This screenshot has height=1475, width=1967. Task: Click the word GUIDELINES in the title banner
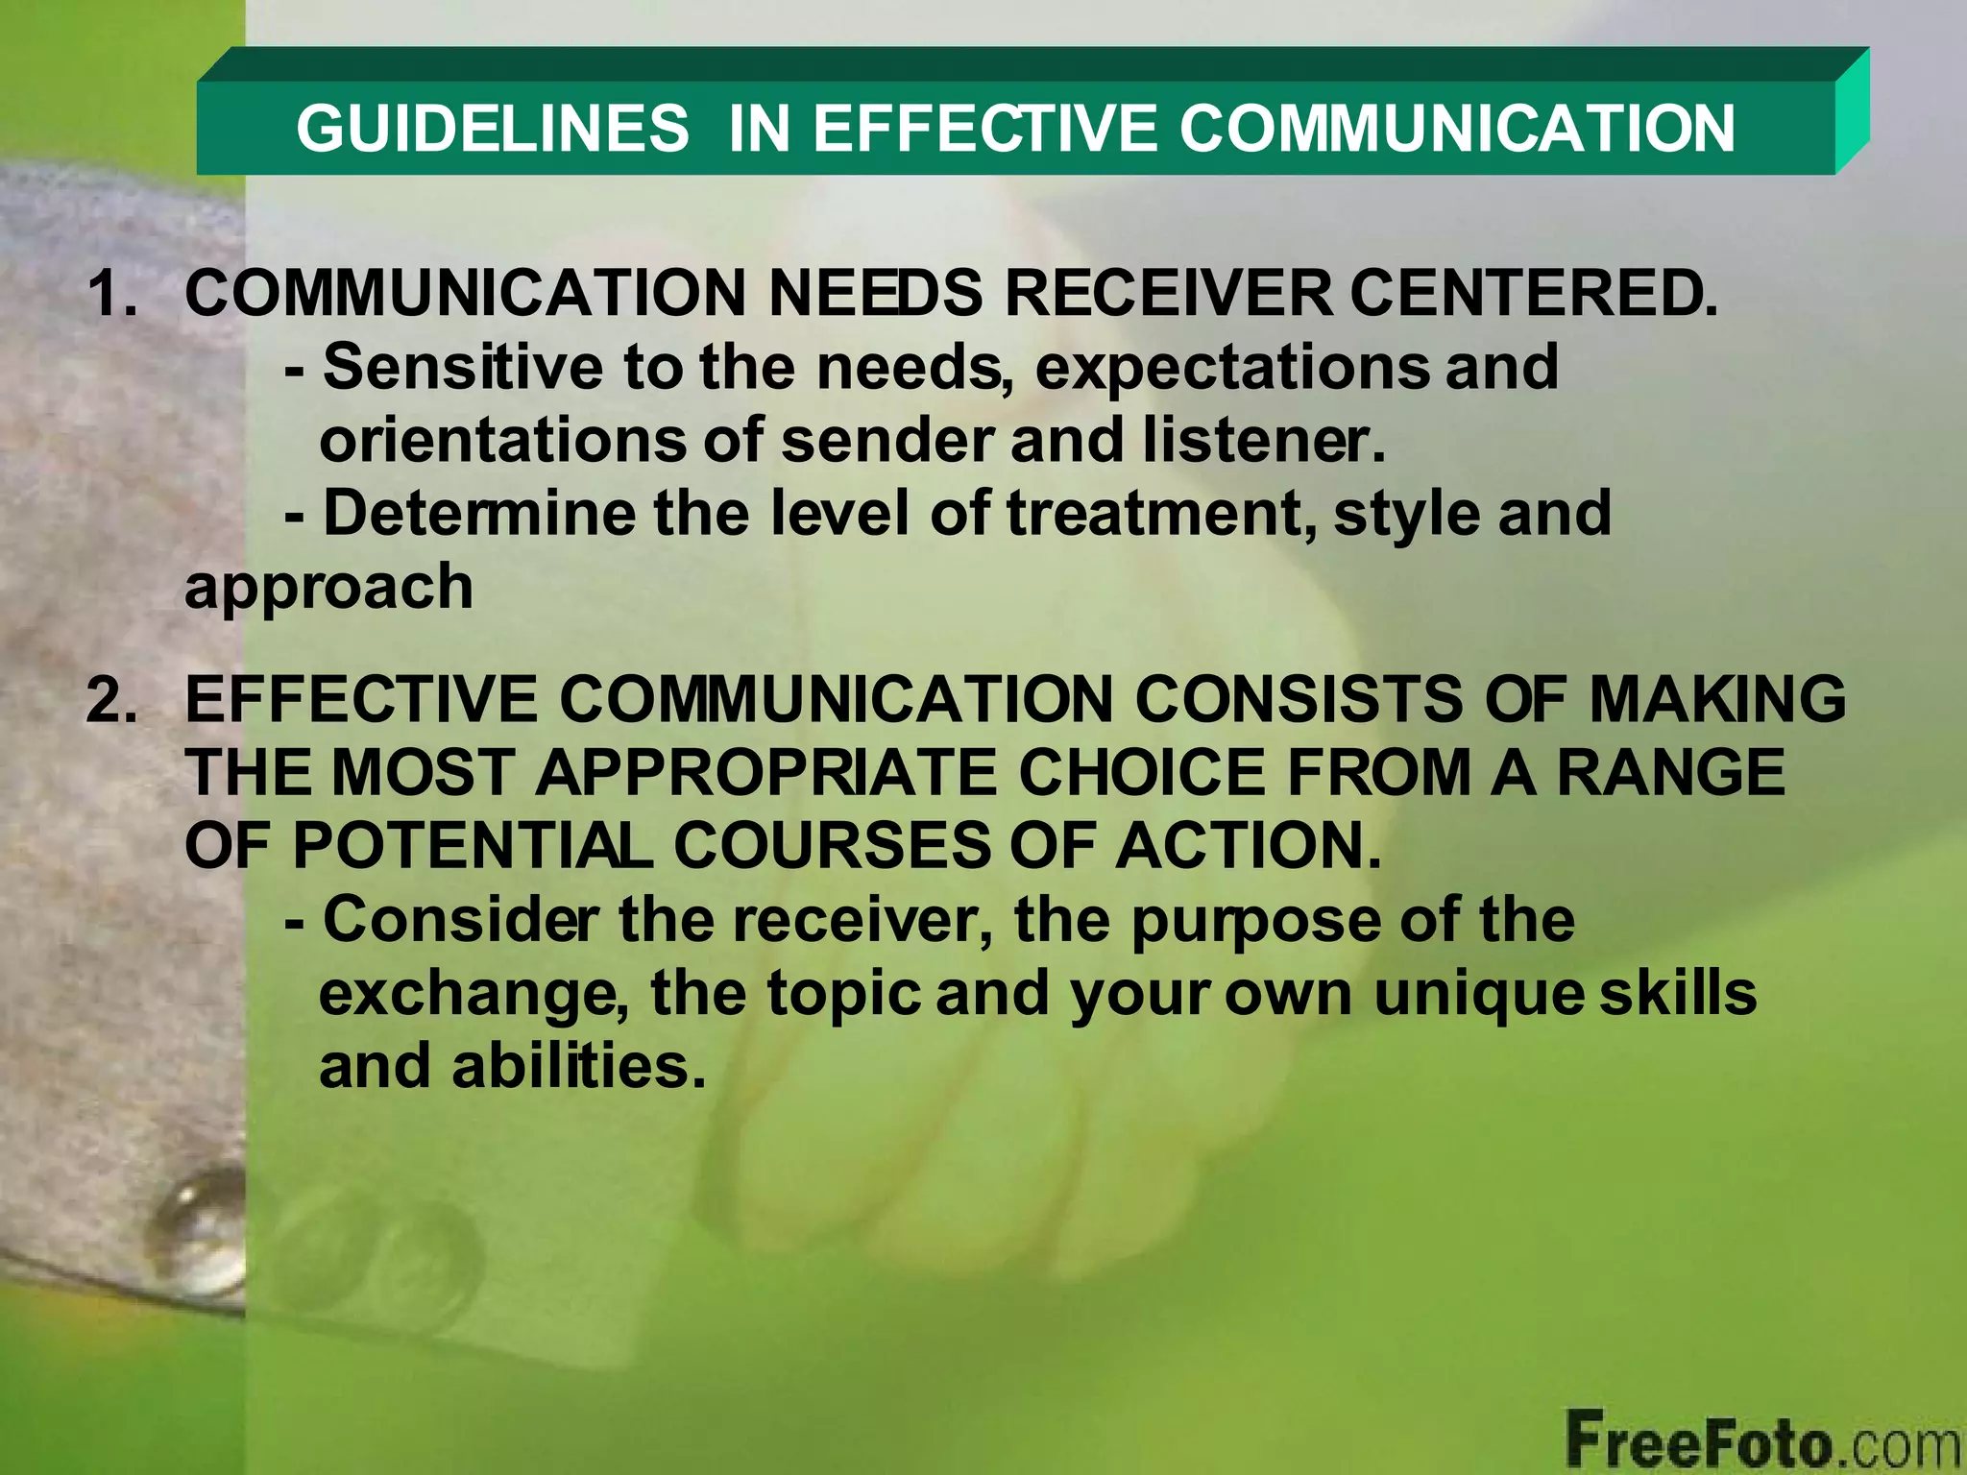(492, 129)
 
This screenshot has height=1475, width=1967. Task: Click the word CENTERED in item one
(1533, 294)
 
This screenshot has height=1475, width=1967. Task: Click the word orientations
(502, 441)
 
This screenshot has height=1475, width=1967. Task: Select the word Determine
(479, 514)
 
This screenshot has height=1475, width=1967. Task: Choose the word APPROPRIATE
(765, 773)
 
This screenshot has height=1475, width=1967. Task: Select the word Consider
(461, 920)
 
